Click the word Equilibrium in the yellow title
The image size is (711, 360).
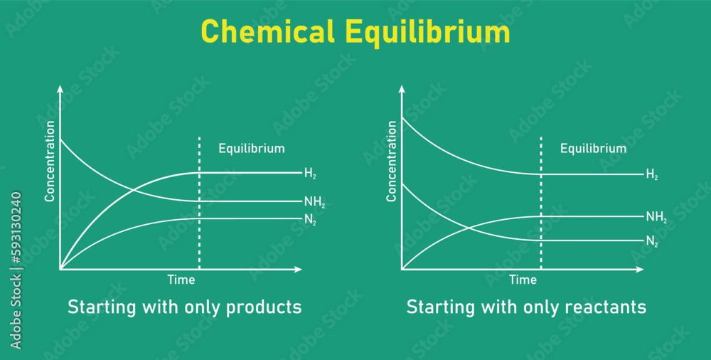pos(427,33)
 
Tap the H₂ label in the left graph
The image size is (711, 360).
pos(309,173)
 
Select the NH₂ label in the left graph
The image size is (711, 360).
pos(314,203)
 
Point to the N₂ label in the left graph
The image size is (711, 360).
pos(310,221)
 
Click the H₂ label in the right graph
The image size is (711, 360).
pos(651,174)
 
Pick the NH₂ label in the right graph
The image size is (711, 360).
pos(656,217)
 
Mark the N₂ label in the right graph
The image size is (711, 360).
pos(651,242)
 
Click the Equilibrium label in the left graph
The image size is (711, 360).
pos(251,149)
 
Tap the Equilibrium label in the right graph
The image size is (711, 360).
pos(593,149)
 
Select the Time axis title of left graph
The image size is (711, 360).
pos(181,280)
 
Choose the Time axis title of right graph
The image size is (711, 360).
pos(523,280)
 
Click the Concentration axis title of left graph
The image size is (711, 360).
pos(50,161)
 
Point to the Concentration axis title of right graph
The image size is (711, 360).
pos(391,161)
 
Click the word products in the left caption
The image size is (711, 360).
pos(264,307)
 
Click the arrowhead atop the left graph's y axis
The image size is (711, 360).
pos(60,89)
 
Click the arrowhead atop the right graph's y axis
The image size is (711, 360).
pos(402,89)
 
